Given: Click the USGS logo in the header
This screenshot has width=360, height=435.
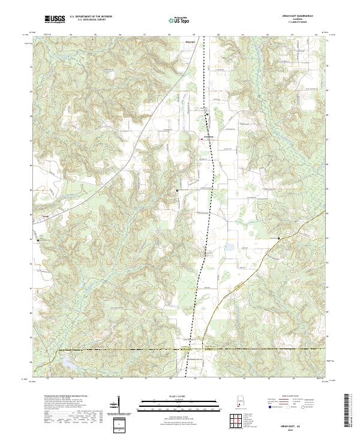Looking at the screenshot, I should (55, 20).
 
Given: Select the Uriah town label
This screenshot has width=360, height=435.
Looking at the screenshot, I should (44, 217).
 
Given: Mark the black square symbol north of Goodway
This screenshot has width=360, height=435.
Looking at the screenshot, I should (206, 113).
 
